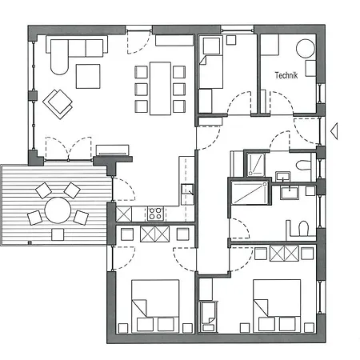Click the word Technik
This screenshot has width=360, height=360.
(286, 75)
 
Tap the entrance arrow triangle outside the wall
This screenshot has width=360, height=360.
(334, 131)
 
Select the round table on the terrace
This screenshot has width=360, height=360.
(58, 210)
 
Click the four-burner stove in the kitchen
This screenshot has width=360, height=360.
(156, 214)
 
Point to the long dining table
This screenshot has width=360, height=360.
(160, 89)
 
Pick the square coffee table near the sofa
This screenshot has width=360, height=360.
(88, 76)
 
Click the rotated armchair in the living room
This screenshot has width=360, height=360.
(58, 104)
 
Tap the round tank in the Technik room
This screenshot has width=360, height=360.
(306, 49)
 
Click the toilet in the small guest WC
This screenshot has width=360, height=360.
(303, 165)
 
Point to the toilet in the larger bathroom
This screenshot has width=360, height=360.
(303, 228)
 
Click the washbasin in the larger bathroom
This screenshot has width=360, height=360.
(289, 193)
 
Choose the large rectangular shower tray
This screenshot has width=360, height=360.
(250, 193)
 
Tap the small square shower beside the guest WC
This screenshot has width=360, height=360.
(255, 164)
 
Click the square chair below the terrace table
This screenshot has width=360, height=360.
(58, 234)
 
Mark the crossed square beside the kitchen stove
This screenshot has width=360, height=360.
(124, 214)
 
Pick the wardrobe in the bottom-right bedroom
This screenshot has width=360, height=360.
(284, 254)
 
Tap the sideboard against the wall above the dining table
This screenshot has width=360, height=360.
(174, 40)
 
